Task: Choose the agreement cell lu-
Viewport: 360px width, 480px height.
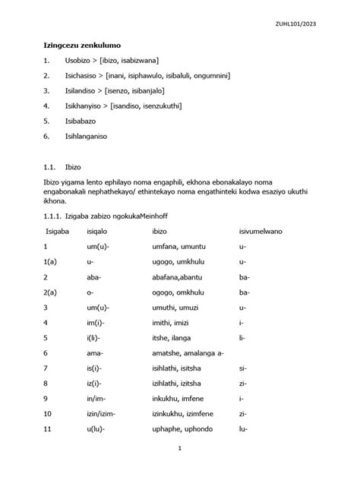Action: (243, 429)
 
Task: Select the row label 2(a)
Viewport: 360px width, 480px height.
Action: (51, 292)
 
